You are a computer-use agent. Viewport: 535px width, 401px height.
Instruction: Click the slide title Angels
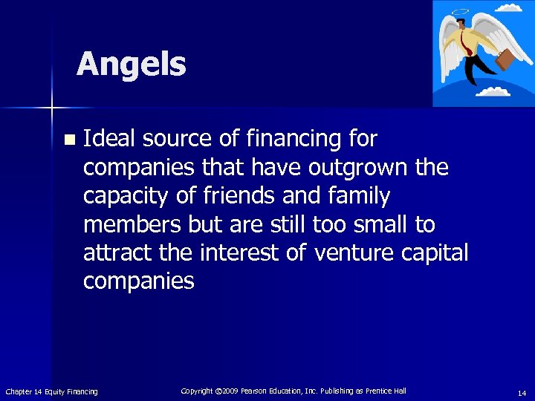click(x=131, y=64)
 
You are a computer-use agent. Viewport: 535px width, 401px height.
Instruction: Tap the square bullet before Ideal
click(x=69, y=140)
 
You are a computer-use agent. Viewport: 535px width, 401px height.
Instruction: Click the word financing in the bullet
click(x=279, y=139)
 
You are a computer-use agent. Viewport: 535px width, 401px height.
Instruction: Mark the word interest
click(x=242, y=253)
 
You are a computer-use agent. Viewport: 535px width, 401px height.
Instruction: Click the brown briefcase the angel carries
click(x=508, y=59)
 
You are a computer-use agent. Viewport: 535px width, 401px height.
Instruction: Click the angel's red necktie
click(x=467, y=41)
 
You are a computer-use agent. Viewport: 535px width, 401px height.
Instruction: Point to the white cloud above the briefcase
click(x=509, y=8)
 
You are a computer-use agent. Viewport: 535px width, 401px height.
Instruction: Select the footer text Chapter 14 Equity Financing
click(x=51, y=391)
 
